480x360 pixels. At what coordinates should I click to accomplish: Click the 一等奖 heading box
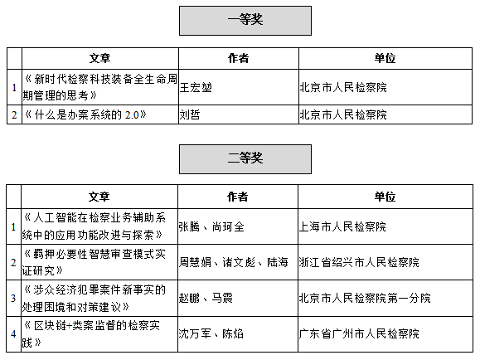pos(245,21)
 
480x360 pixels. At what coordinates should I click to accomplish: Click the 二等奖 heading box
pos(245,159)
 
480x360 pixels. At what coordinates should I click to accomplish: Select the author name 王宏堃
pos(196,88)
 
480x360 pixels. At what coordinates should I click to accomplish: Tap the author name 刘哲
pos(190,114)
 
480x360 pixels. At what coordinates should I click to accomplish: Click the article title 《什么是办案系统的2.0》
pos(85,114)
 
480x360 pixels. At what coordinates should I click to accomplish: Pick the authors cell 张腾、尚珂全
pos(211,226)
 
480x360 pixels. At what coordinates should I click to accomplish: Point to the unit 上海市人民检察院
pos(342,226)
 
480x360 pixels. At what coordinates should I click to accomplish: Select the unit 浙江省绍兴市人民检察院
pos(359,262)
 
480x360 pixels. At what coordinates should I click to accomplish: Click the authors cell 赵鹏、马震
pos(206,298)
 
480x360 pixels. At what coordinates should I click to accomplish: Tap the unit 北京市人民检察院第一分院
pos(365,298)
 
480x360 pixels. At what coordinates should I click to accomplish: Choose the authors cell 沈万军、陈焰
pos(211,333)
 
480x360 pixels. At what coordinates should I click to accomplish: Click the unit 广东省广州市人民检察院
pos(359,333)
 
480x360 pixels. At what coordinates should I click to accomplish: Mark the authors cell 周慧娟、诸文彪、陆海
pos(233,262)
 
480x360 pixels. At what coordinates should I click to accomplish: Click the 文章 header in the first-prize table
pos(99,58)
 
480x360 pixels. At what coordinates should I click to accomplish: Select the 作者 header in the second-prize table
pos(238,197)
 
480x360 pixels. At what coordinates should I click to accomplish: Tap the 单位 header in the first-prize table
pos(385,58)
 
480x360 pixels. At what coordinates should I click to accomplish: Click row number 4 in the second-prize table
pos(13,334)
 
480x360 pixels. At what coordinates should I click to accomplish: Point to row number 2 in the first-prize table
pos(14,115)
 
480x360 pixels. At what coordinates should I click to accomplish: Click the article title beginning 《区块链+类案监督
pos(91,334)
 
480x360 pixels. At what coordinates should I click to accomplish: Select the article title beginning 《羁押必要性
pos(94,262)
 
